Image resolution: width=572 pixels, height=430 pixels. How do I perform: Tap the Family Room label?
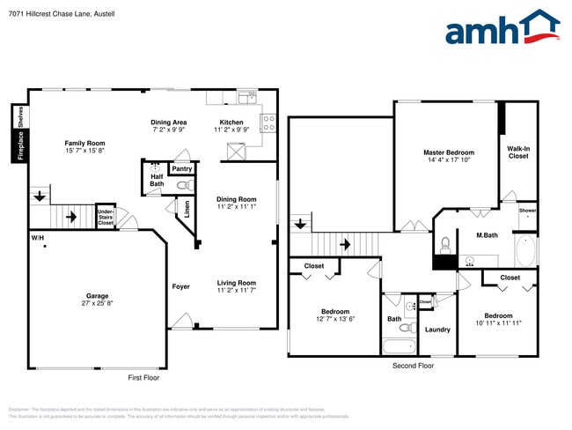pyautogui.click(x=84, y=143)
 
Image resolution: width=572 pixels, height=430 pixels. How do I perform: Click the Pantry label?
pyautogui.click(x=181, y=168)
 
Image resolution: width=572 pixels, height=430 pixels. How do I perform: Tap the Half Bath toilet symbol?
pyautogui.click(x=183, y=186)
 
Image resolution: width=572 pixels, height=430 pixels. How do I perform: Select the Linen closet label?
pyautogui.click(x=187, y=209)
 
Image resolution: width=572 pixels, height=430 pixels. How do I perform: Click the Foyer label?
pyautogui.click(x=180, y=286)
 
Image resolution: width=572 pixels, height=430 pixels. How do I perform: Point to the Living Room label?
pyautogui.click(x=237, y=283)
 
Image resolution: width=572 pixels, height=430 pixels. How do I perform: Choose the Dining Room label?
pyautogui.click(x=237, y=199)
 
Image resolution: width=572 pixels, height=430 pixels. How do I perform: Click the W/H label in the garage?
pyautogui.click(x=38, y=238)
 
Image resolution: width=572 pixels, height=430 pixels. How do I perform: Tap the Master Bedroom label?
pyautogui.click(x=449, y=152)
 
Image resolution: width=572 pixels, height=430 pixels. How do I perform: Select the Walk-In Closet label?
pyautogui.click(x=518, y=152)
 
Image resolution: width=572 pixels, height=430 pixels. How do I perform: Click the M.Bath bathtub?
pyautogui.click(x=524, y=250)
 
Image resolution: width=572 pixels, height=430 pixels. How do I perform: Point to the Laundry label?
pyautogui.click(x=437, y=330)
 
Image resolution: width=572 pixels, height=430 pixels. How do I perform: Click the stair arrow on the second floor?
pyautogui.click(x=346, y=244)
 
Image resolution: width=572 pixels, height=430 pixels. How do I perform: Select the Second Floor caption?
pyautogui.click(x=414, y=365)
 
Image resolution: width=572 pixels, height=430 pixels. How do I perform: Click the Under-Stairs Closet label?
pyautogui.click(x=106, y=217)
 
